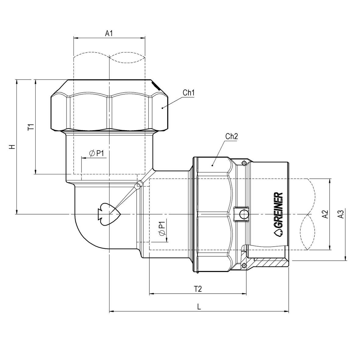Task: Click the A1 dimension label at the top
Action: click(x=109, y=34)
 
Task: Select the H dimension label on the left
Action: click(x=12, y=147)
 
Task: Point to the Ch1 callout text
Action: click(x=188, y=93)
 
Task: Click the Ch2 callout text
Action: click(x=231, y=137)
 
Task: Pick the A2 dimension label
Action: click(x=325, y=214)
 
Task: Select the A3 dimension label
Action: click(x=341, y=214)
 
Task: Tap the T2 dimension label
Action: click(x=198, y=289)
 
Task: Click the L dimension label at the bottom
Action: click(x=199, y=307)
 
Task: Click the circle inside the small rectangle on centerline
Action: click(x=244, y=215)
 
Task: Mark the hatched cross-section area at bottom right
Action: click(x=268, y=262)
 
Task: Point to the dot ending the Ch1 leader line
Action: click(x=162, y=108)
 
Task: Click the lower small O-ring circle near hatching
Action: click(x=244, y=266)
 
